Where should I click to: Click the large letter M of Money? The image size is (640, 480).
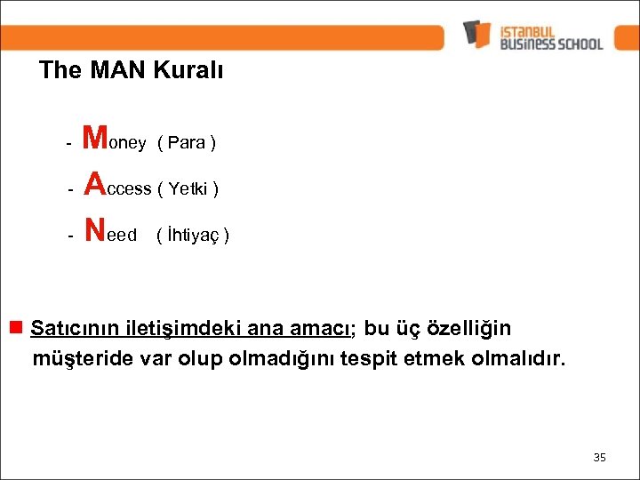[95, 138]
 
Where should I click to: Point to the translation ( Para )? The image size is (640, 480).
[187, 143]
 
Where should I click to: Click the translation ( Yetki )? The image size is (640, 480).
[188, 188]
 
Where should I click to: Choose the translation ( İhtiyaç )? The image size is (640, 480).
[193, 236]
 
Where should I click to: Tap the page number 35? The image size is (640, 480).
[599, 457]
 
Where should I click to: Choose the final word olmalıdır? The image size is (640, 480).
[522, 360]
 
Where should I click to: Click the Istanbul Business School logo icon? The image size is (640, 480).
[477, 34]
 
